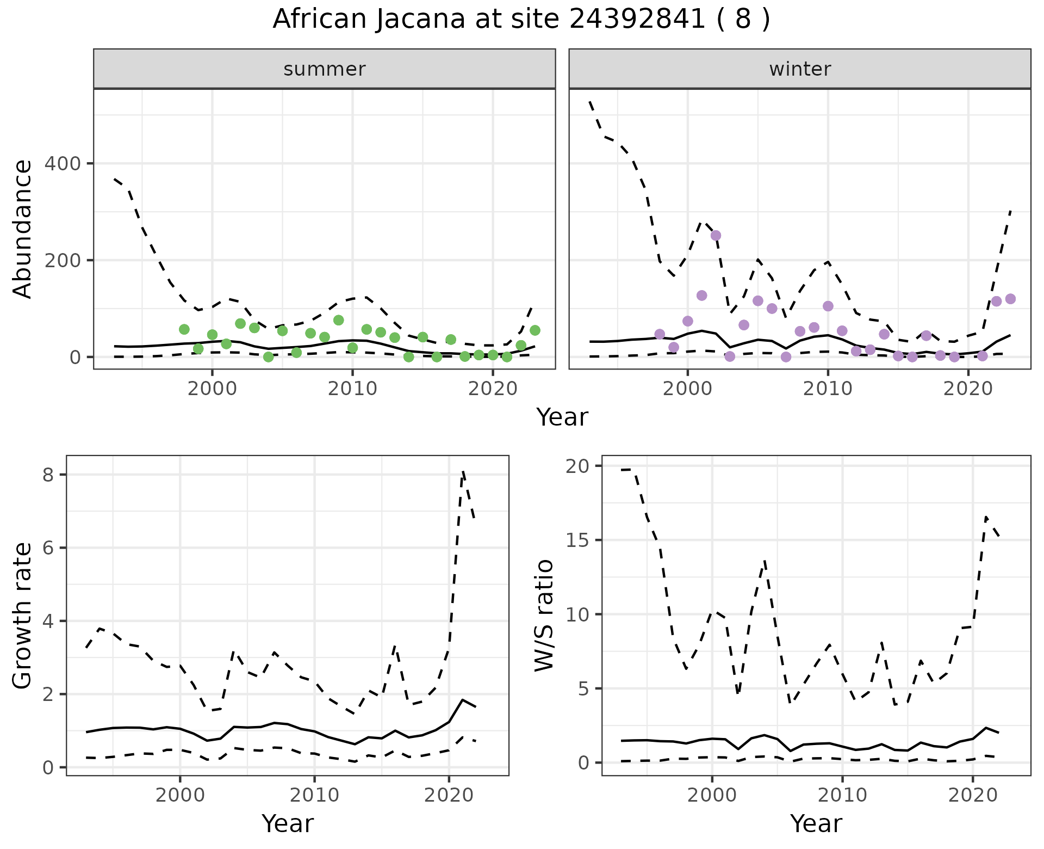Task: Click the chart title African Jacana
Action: (x=521, y=20)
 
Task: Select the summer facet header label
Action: (x=325, y=69)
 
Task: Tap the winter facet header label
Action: (x=800, y=69)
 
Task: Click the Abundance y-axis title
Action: (x=23, y=229)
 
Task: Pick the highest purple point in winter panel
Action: (x=716, y=236)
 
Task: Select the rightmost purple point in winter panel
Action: (x=1010, y=299)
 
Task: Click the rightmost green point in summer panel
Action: (x=535, y=330)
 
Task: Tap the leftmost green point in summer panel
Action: (x=184, y=329)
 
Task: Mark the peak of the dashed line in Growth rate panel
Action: (x=462, y=471)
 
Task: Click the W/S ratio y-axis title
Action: (x=544, y=616)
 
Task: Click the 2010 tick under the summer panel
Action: (x=352, y=389)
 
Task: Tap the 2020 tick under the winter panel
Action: (x=968, y=389)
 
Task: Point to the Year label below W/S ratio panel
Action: (x=816, y=823)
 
